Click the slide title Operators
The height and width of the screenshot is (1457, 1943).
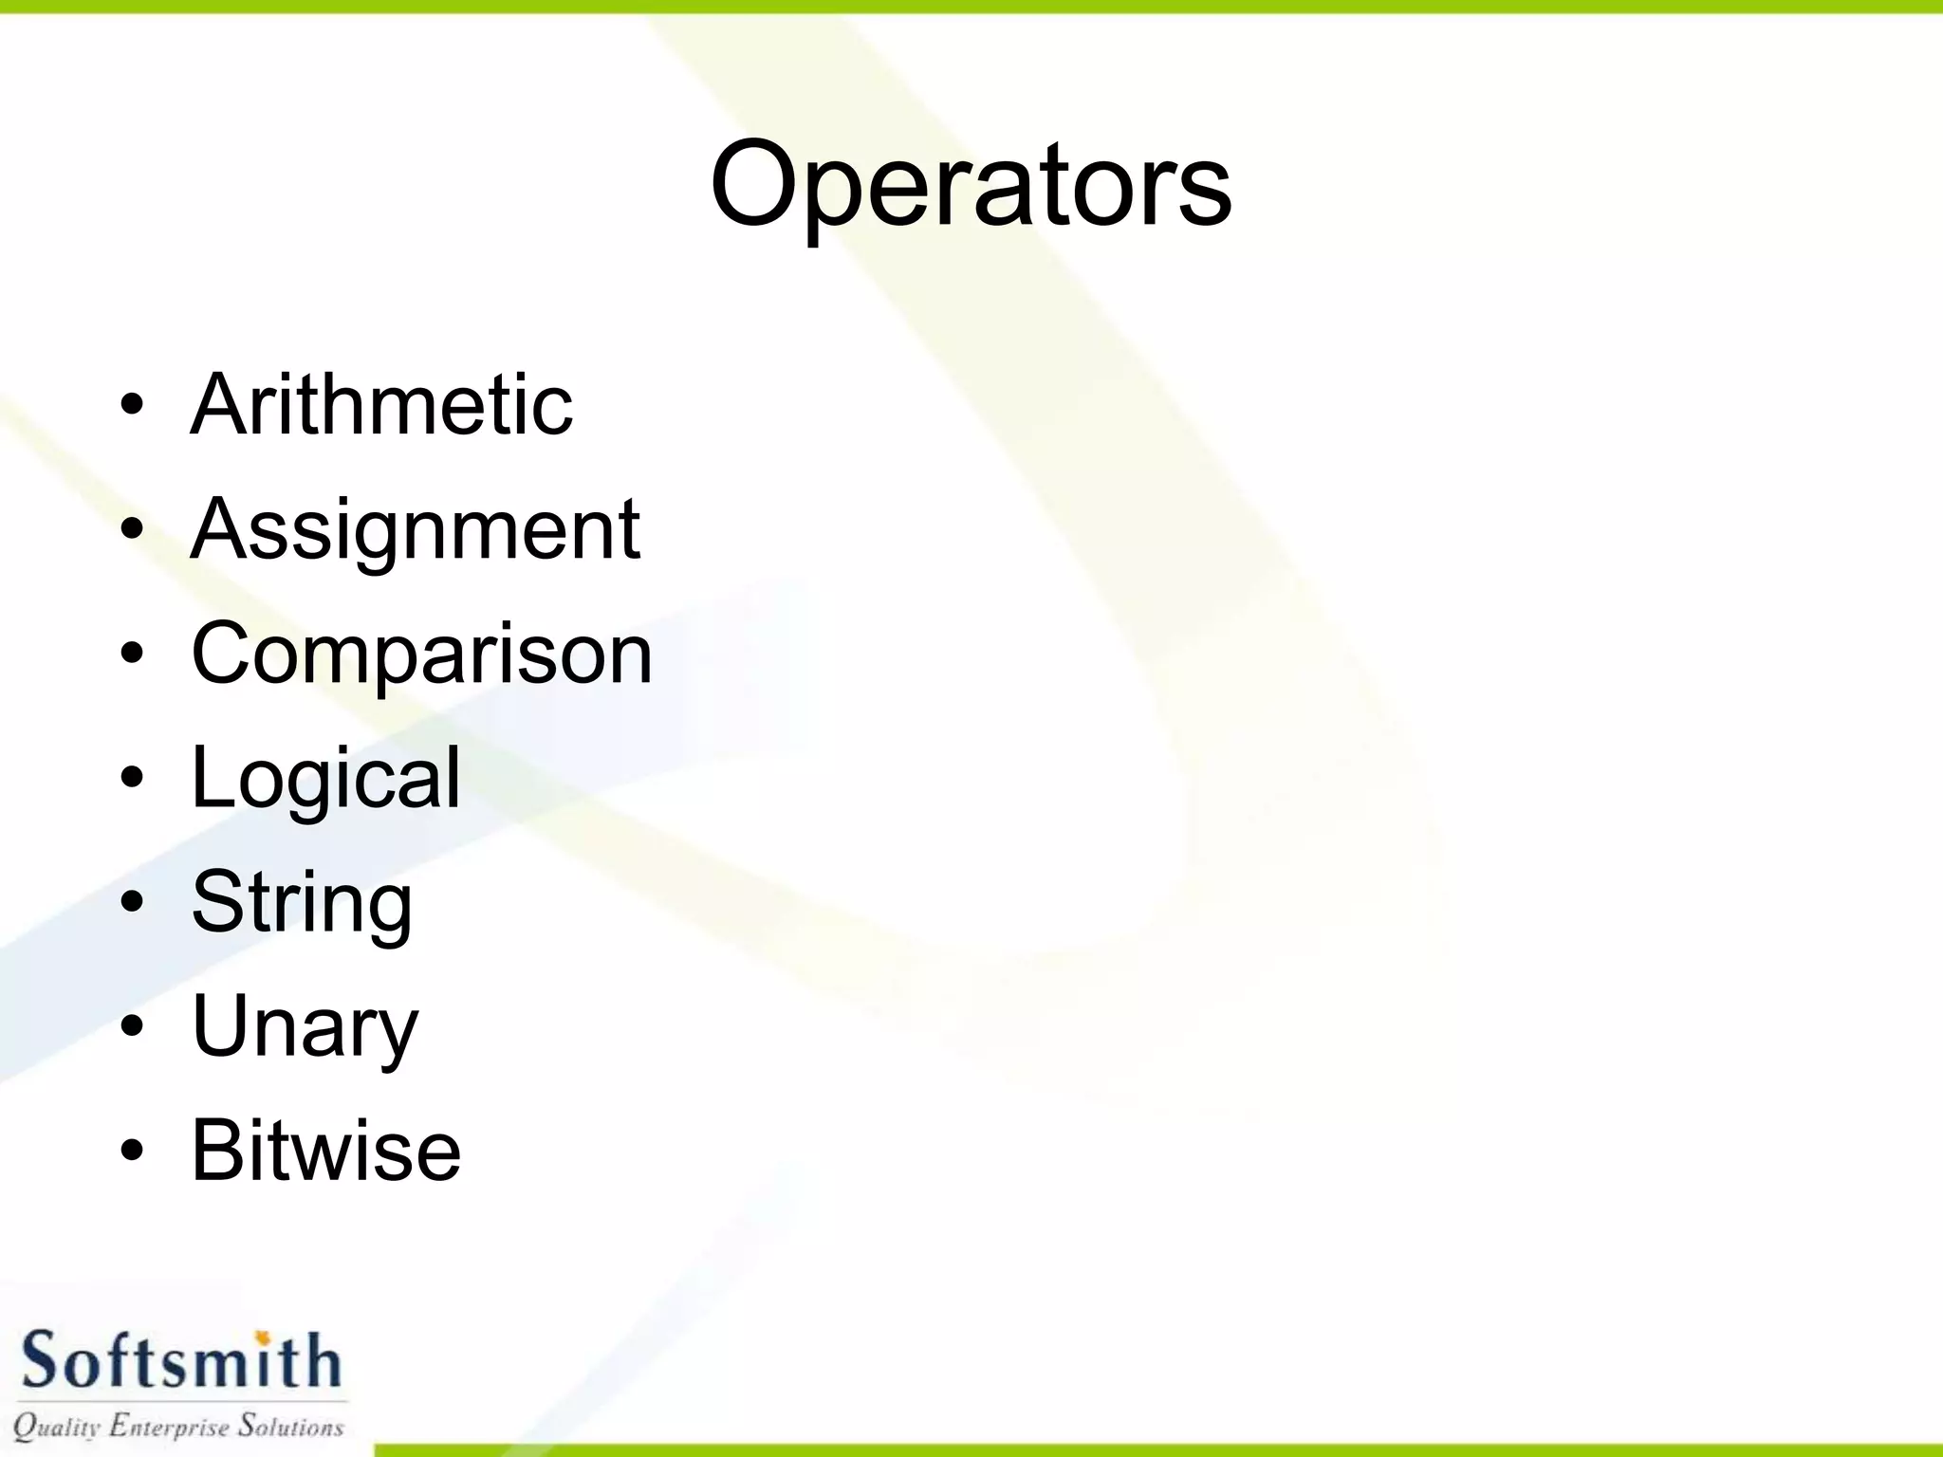coord(971,185)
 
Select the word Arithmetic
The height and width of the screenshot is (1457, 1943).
coord(381,405)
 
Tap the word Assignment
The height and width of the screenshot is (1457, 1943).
coord(416,529)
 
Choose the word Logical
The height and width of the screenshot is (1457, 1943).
coord(325,778)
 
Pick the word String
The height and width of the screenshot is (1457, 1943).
coord(302,902)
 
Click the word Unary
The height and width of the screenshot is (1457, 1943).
coord(305,1026)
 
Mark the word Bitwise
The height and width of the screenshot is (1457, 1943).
coord(325,1151)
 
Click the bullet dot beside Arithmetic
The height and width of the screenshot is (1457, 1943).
coord(132,406)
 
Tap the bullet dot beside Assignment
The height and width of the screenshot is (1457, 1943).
coord(132,529)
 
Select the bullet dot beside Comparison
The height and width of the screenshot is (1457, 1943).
coord(132,654)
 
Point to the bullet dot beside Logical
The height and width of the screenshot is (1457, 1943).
coord(132,778)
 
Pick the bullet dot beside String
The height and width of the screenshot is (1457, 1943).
coord(132,902)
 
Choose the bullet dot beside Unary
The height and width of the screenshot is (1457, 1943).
coord(132,1026)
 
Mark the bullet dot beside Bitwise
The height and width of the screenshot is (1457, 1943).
coord(132,1151)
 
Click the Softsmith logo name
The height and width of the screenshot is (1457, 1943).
coord(180,1360)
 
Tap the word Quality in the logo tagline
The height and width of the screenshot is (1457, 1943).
coord(57,1427)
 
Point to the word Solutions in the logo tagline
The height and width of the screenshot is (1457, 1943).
coord(290,1425)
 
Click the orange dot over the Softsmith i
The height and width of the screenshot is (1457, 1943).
coord(264,1337)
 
